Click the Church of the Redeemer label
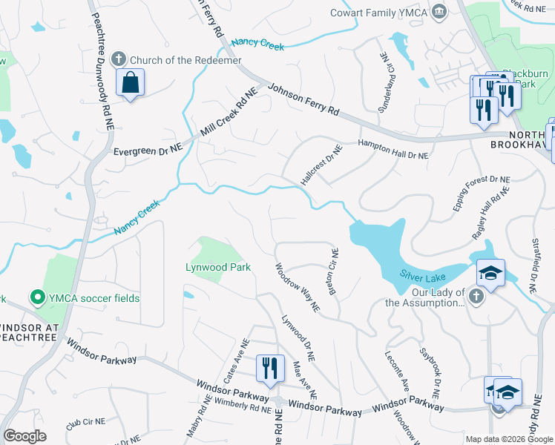[185, 60]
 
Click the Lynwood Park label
[218, 267]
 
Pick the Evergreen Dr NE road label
[148, 150]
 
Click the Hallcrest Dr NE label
[321, 165]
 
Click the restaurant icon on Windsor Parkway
[269, 368]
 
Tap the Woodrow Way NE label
[297, 287]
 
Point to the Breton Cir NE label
[333, 270]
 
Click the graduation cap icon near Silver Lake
[490, 274]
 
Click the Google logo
[24, 436]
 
